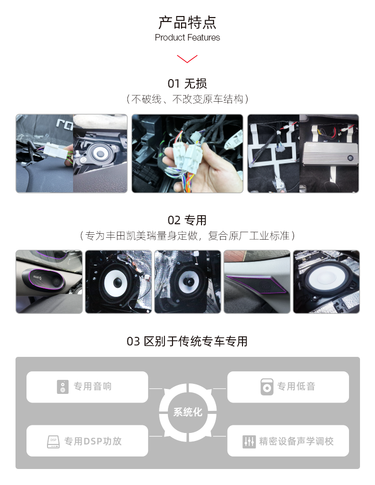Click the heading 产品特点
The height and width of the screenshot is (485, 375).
coord(187,23)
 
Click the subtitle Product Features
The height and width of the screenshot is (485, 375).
coord(187,38)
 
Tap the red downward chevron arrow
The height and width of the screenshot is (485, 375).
coord(187,59)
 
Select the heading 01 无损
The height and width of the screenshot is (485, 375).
coord(187,84)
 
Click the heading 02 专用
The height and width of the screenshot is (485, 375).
coord(187,220)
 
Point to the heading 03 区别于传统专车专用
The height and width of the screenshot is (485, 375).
coord(187,341)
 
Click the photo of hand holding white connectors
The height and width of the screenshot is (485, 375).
coord(187,154)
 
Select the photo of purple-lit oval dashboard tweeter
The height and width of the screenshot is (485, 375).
coord(49,282)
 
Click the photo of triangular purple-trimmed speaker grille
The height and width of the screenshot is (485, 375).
coord(256,282)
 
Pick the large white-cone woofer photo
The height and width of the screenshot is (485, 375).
coord(326,282)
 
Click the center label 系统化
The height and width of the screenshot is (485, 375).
coord(187,413)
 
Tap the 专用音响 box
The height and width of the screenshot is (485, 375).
coord(87,387)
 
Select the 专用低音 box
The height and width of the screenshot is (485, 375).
coord(288,387)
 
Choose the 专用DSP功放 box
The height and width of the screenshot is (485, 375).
coord(87,441)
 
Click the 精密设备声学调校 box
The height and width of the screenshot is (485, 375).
coord(288,441)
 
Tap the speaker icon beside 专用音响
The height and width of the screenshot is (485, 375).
coord(62,387)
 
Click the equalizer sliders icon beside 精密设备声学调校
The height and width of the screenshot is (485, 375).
coord(249,441)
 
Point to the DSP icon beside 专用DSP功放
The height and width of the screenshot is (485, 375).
coord(53,441)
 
